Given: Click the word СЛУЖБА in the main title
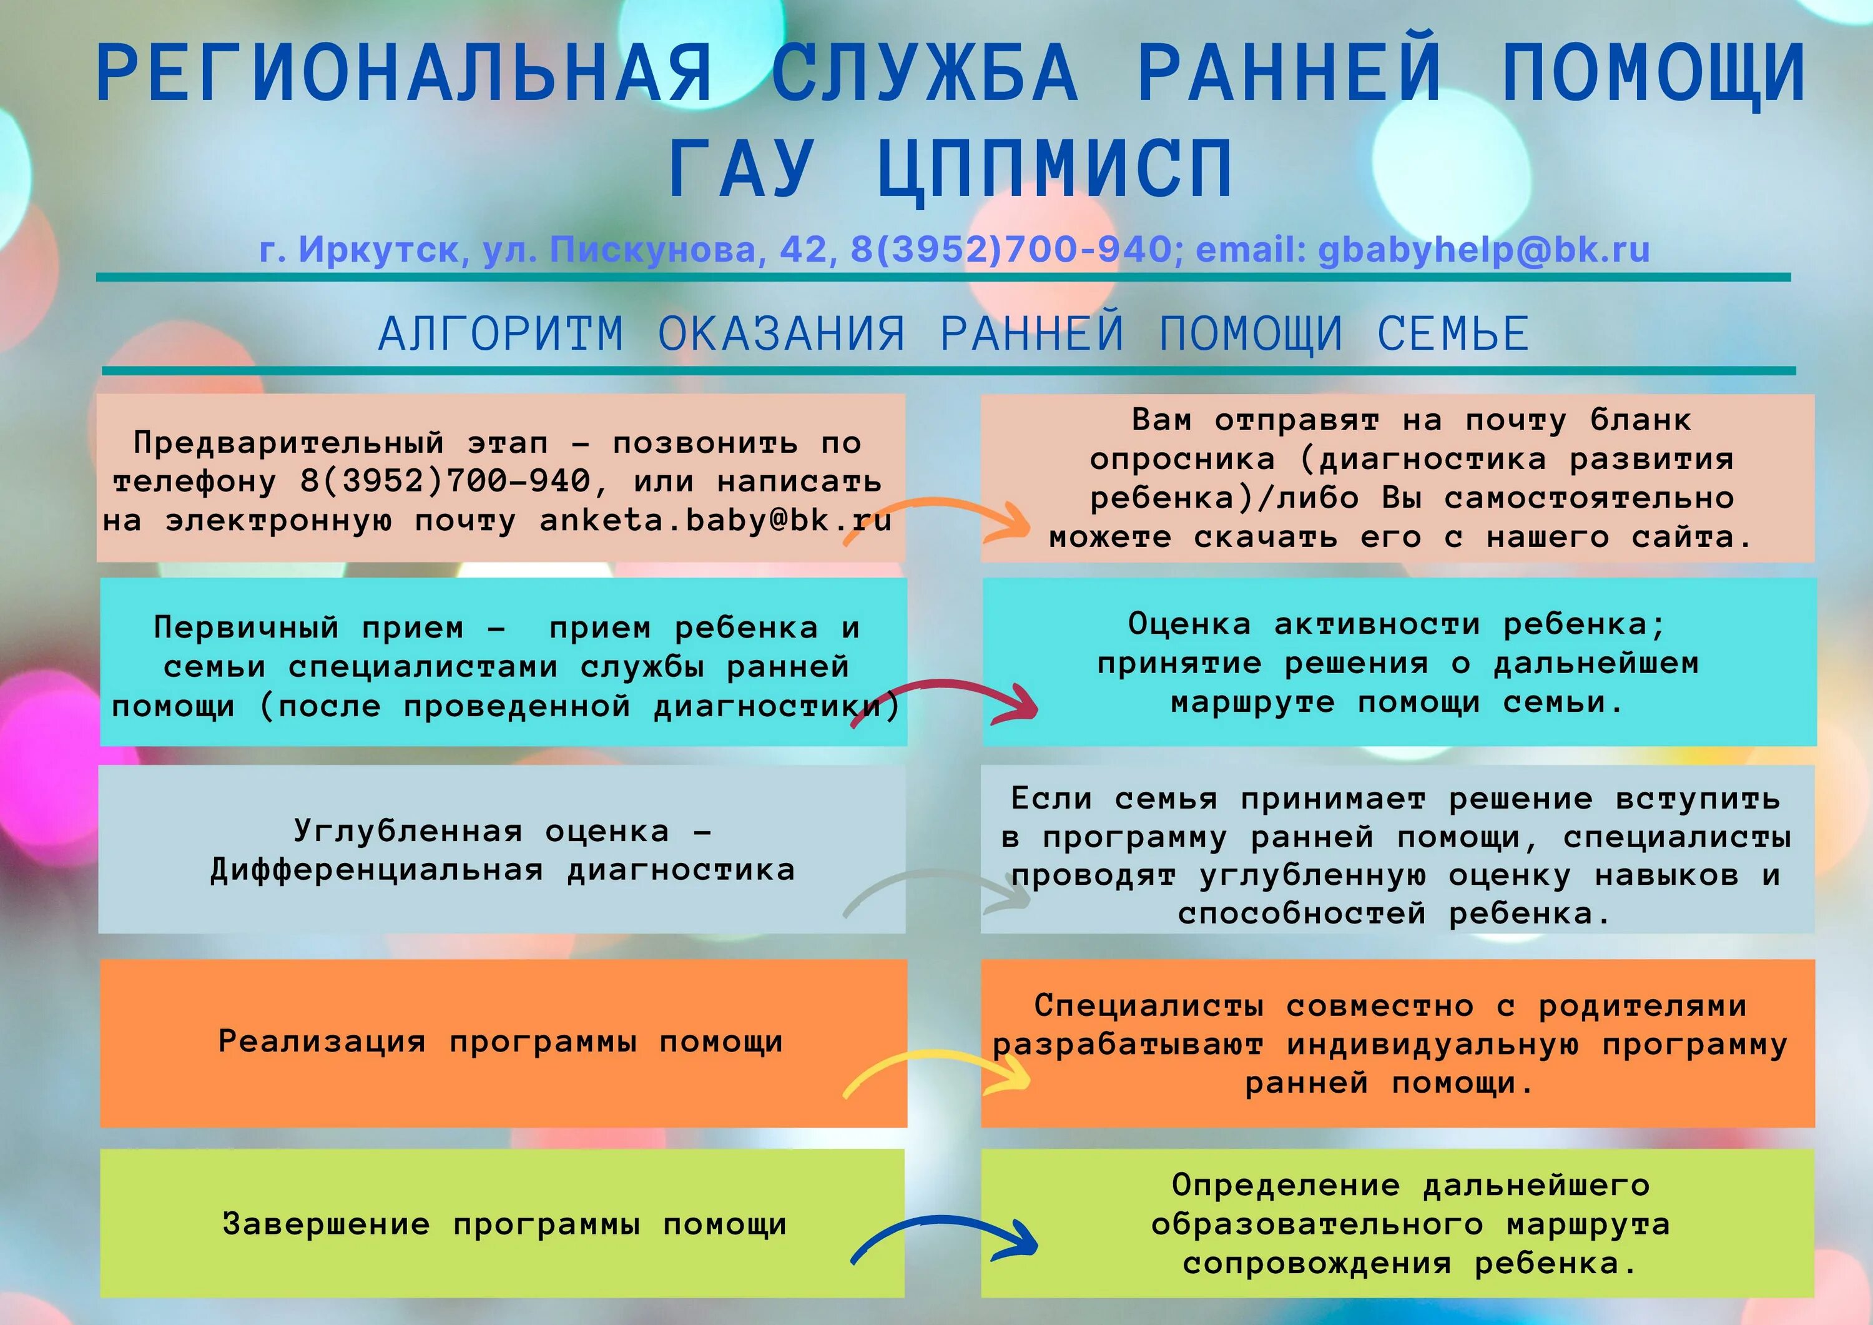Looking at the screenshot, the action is pos(924,74).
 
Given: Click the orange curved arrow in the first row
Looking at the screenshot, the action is pos(938,519).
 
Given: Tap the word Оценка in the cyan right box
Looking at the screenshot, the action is pos(1189,625).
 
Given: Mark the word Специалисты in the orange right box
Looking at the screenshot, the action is pos(1149,1006).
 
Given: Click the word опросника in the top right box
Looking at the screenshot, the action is pos(1182,460).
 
